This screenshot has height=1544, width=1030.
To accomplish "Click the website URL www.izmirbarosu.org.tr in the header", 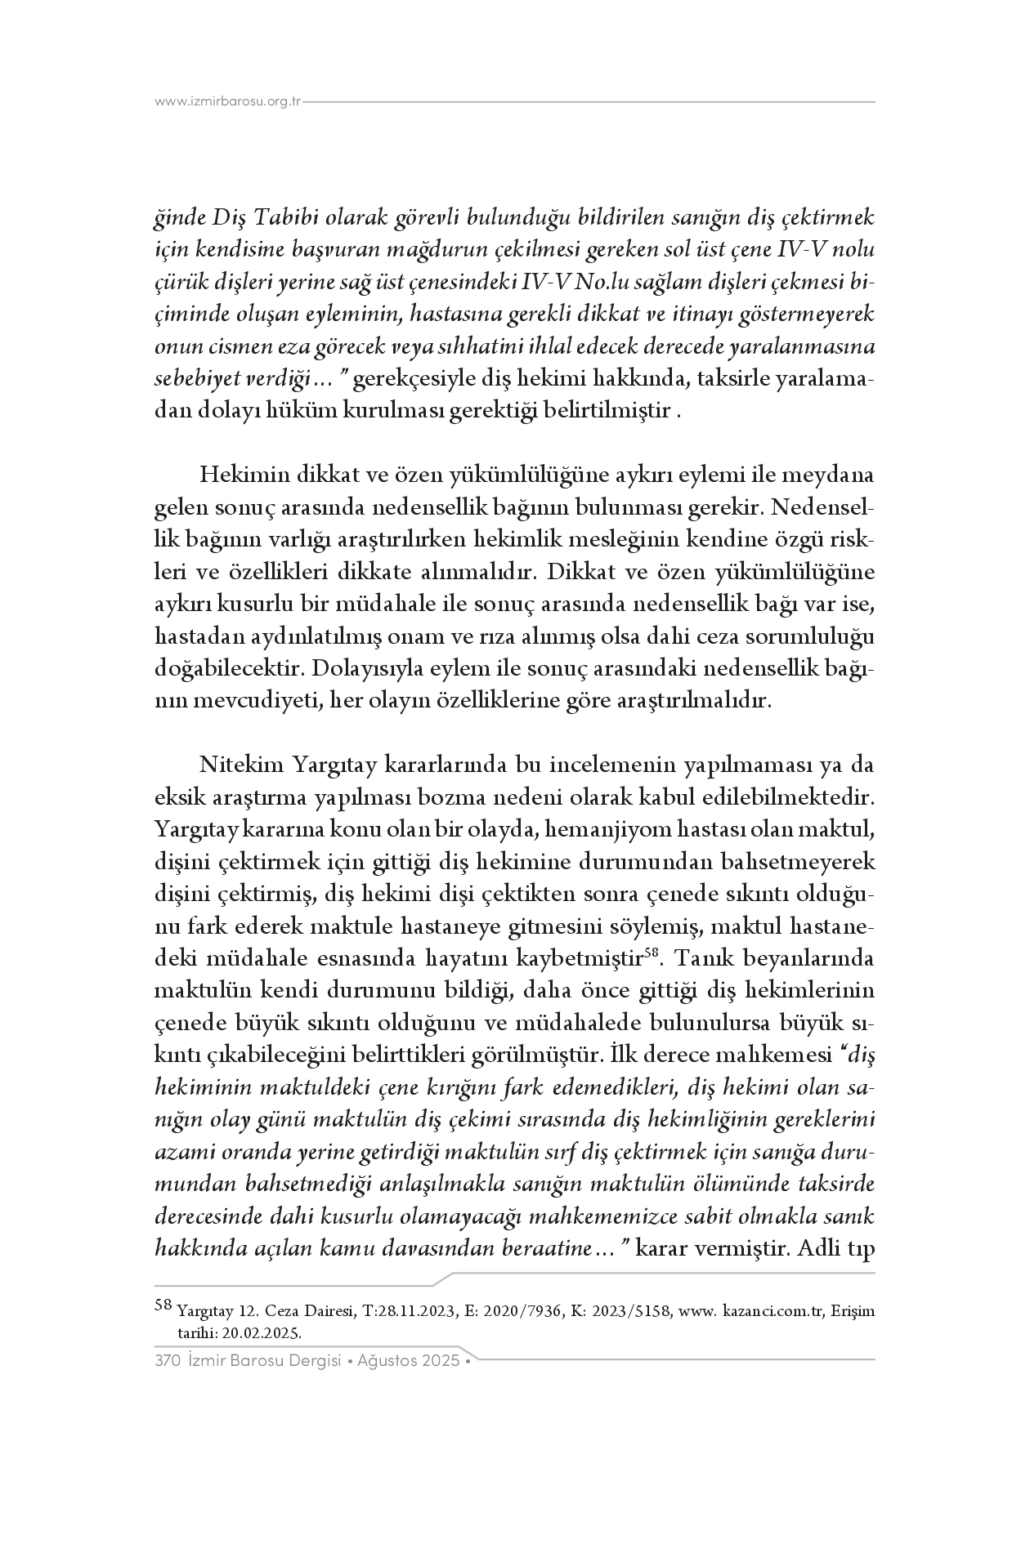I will pyautogui.click(x=228, y=102).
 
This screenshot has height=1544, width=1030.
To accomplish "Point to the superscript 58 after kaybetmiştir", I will pyautogui.click(x=652, y=951).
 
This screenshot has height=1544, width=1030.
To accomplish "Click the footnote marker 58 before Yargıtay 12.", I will pyautogui.click(x=163, y=1305).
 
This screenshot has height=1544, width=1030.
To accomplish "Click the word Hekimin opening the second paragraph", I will pyautogui.click(x=238, y=475).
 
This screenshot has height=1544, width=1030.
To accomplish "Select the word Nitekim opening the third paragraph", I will pyautogui.click(x=239, y=765).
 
